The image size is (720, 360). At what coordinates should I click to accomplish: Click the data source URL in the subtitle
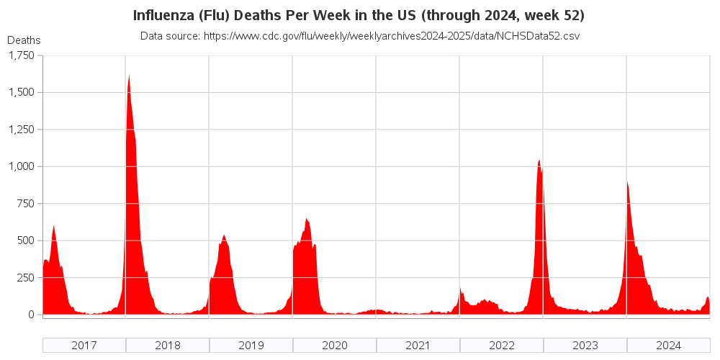(x=390, y=35)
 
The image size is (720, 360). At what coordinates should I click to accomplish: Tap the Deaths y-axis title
(x=24, y=40)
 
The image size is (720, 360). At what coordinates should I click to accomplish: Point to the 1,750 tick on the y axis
(x=20, y=55)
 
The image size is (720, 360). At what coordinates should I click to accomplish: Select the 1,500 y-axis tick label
(x=20, y=92)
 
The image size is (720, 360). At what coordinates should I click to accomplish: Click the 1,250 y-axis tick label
(x=20, y=130)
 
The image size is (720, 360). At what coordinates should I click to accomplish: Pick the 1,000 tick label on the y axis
(x=20, y=166)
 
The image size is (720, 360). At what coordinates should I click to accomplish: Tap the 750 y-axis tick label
(x=24, y=204)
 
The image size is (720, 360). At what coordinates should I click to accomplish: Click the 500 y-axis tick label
(x=24, y=240)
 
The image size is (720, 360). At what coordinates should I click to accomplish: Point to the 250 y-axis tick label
(x=24, y=278)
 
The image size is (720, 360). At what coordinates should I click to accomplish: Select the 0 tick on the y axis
(x=31, y=315)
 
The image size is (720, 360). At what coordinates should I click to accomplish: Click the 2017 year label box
(x=84, y=345)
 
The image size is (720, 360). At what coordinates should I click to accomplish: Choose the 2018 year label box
(x=168, y=345)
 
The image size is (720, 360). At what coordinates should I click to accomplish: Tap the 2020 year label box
(x=335, y=345)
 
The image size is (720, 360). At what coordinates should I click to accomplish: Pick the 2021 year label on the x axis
(x=418, y=345)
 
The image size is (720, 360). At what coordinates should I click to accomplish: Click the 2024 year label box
(x=669, y=345)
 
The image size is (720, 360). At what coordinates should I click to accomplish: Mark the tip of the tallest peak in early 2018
(x=129, y=75)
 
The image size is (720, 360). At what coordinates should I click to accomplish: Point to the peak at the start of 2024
(x=627, y=181)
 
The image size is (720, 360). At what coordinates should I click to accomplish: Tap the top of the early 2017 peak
(x=54, y=226)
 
